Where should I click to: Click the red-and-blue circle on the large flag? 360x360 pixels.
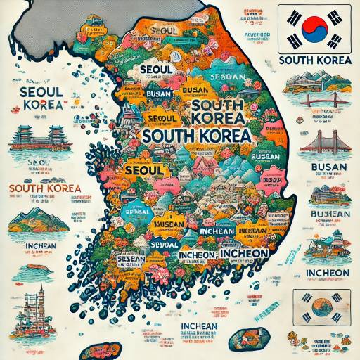pyautogui.click(x=315, y=28)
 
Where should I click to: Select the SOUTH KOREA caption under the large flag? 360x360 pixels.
pyautogui.click(x=315, y=60)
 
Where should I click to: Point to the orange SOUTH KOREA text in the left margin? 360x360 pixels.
pyautogui.click(x=44, y=188)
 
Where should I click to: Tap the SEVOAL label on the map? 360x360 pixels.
pyautogui.click(x=165, y=244)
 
